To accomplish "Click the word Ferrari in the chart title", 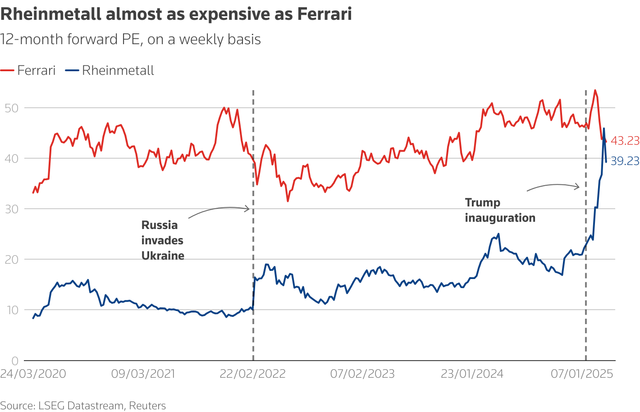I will (324, 14).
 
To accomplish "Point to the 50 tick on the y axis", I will (11, 108).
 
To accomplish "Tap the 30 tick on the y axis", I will (11, 209).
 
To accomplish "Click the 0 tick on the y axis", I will (14, 361).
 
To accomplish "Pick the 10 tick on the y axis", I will (11, 310).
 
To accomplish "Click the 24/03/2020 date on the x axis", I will (33, 374).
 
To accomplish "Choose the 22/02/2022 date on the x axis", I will (253, 374).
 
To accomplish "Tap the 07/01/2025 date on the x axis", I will (582, 374).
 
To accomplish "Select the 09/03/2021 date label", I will (143, 374).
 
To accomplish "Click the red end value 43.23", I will (625, 141).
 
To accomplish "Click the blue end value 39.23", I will (625, 161).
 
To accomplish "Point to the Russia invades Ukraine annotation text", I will (163, 240).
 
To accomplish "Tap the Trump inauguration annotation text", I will (500, 210).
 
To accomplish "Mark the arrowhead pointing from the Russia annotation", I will (247, 208).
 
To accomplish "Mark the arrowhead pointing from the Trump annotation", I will (577, 187).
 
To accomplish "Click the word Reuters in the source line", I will (147, 406).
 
